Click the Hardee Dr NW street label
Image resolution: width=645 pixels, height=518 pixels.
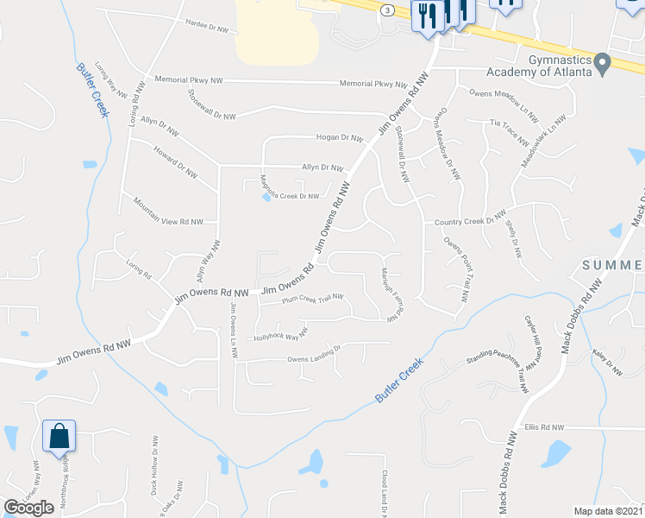(x=207, y=27)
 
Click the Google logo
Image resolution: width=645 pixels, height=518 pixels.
(x=28, y=507)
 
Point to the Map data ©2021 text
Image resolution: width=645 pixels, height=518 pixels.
(x=608, y=511)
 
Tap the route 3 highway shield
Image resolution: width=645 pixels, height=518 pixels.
(x=389, y=9)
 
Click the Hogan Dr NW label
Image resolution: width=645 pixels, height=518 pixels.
(x=339, y=137)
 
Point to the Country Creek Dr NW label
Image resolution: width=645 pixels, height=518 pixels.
(x=470, y=219)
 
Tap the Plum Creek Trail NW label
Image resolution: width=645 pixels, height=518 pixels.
(x=313, y=300)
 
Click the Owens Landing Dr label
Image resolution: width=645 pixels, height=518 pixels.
(x=315, y=354)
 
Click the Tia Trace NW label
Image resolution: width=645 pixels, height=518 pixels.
(x=509, y=130)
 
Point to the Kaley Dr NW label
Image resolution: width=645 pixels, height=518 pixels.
(x=607, y=361)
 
